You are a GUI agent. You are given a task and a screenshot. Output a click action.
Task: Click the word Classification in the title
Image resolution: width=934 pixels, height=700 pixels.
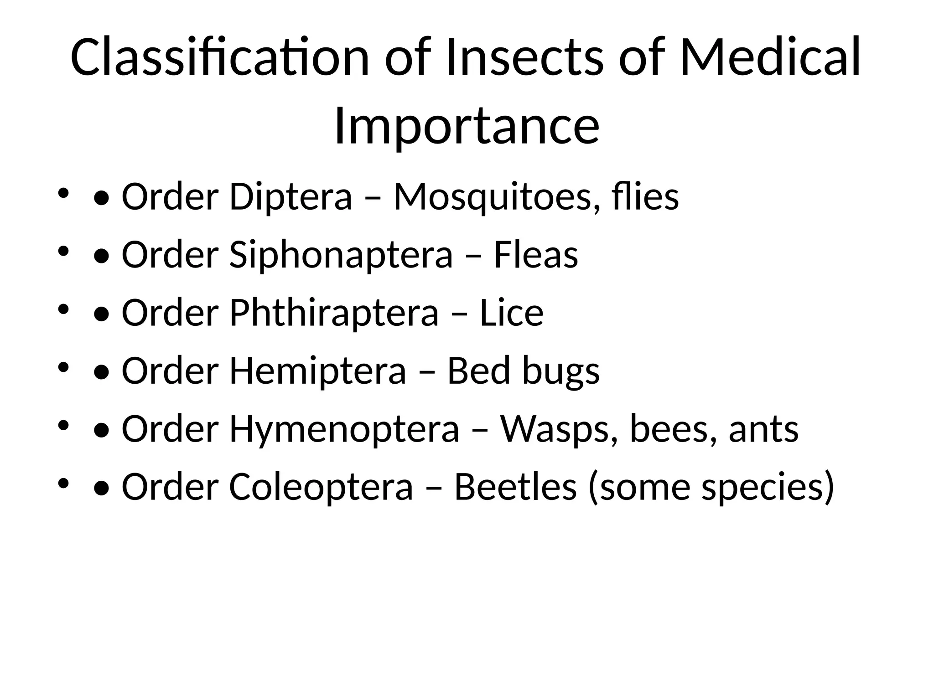(x=219, y=58)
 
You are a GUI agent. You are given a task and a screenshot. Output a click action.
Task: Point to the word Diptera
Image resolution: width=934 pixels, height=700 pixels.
(x=291, y=197)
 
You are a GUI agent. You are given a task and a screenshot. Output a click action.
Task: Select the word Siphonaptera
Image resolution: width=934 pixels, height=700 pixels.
(x=341, y=255)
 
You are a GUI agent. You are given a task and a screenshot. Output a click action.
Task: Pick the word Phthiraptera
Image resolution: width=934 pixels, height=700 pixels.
(x=333, y=314)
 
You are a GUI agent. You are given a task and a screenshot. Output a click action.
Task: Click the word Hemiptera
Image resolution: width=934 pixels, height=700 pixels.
(x=317, y=371)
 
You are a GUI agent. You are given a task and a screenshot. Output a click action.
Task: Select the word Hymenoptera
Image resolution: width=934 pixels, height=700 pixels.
(x=344, y=430)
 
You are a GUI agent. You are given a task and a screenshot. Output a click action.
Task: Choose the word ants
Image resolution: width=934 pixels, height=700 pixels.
(x=763, y=430)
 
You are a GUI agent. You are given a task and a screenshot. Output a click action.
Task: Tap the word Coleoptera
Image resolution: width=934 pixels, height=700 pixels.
(x=321, y=487)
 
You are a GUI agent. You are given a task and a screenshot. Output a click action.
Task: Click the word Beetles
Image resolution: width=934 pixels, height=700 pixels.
(x=515, y=486)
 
